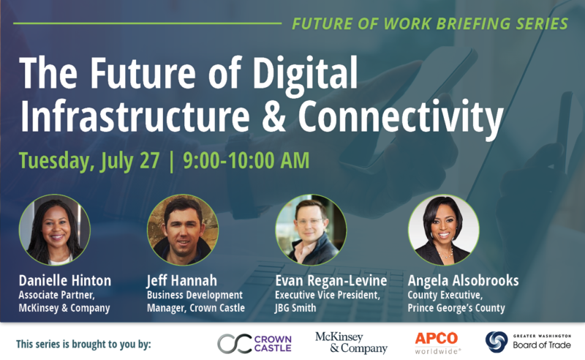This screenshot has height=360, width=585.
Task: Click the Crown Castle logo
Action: (x=254, y=344)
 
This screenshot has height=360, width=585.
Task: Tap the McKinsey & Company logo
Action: (x=351, y=343)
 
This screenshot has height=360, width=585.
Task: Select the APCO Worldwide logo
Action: (x=437, y=343)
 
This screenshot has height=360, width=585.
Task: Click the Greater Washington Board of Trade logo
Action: (x=528, y=342)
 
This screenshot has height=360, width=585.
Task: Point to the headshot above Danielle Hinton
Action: (x=54, y=230)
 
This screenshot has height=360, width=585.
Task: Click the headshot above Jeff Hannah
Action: (x=182, y=230)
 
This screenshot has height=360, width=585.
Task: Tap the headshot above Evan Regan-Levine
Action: (x=311, y=230)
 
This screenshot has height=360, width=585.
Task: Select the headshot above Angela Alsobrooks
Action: (x=444, y=230)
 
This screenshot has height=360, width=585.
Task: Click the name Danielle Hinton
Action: (x=65, y=280)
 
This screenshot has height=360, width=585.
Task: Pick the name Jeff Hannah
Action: (x=181, y=281)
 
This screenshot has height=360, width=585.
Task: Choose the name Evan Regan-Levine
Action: (x=331, y=281)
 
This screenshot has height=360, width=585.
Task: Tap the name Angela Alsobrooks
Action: (x=463, y=281)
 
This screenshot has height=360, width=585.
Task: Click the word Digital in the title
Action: (x=305, y=73)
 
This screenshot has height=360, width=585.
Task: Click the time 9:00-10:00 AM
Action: (x=246, y=160)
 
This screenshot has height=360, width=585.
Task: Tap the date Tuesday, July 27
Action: (x=89, y=161)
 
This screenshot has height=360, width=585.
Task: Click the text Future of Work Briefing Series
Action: (x=430, y=23)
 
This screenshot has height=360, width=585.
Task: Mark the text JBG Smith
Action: (x=295, y=308)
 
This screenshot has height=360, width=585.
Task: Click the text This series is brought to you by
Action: (x=83, y=344)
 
